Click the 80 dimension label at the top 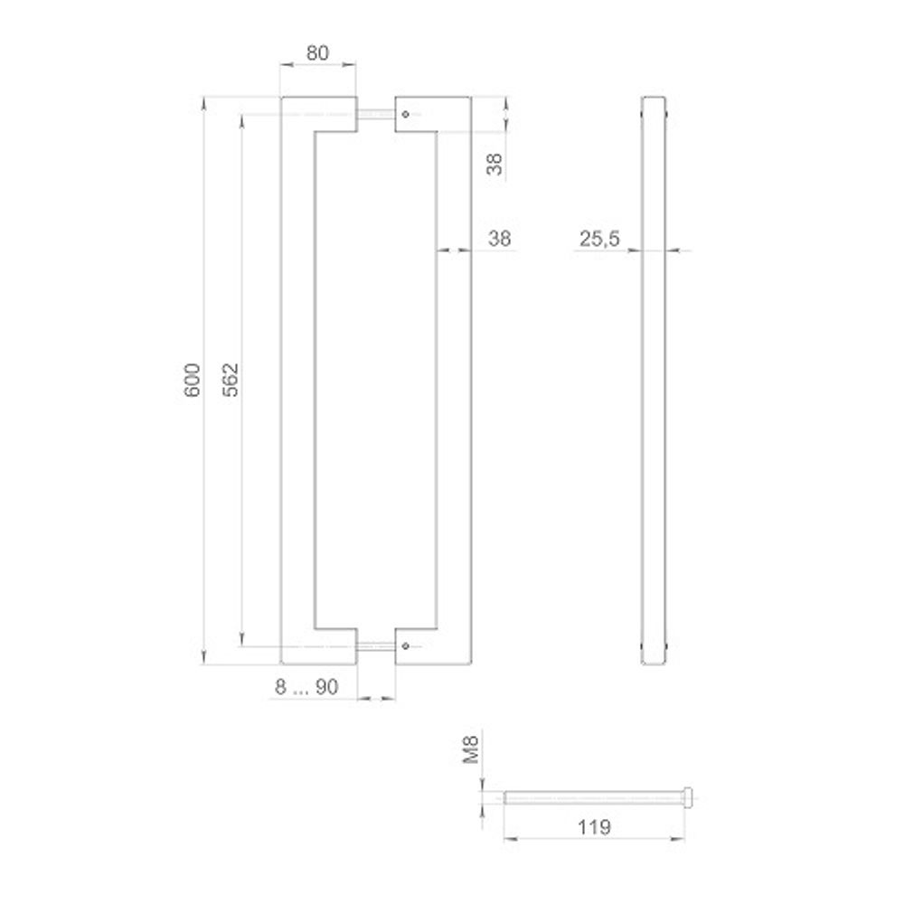pyautogui.click(x=317, y=52)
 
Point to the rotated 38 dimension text pyautogui.click(x=494, y=164)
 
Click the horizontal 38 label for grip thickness pyautogui.click(x=499, y=239)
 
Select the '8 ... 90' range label pyautogui.click(x=306, y=687)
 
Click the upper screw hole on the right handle pyautogui.click(x=406, y=114)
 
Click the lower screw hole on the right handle pyautogui.click(x=406, y=645)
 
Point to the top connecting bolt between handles pyautogui.click(x=375, y=114)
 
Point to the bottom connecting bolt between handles pyautogui.click(x=375, y=645)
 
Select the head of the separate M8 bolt pyautogui.click(x=691, y=796)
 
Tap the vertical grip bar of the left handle pyautogui.click(x=297, y=381)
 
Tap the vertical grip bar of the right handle pyautogui.click(x=454, y=381)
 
